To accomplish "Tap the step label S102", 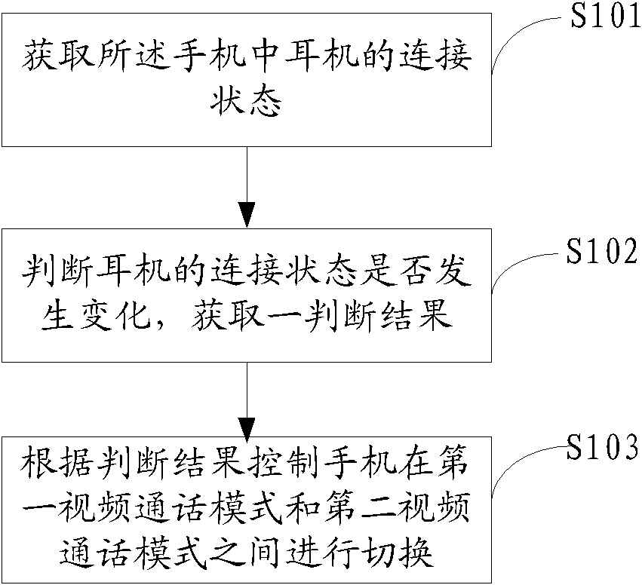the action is tap(602, 251).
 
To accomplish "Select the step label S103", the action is tap(602, 447).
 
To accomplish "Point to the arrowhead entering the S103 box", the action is tap(247, 430).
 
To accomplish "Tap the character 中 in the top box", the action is tap(265, 56).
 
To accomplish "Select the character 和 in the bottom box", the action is tap(303, 508).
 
